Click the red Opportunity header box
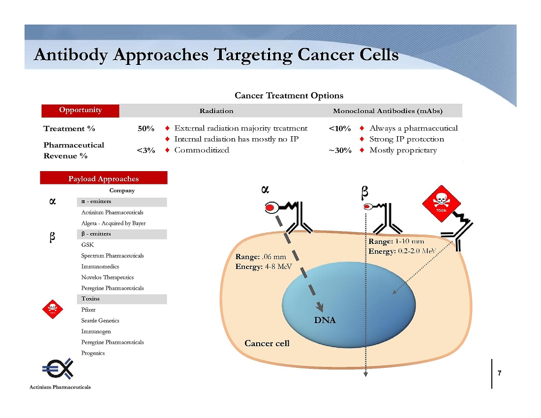click(80, 111)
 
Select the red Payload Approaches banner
click(103, 178)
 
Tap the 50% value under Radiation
click(146, 129)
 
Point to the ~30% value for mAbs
click(340, 150)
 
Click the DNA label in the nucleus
click(325, 321)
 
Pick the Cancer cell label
click(267, 343)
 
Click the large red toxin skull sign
click(441, 204)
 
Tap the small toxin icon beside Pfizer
click(53, 309)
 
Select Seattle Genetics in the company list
click(100, 321)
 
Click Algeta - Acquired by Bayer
click(113, 223)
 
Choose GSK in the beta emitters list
click(87, 244)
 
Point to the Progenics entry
click(93, 353)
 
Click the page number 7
click(499, 373)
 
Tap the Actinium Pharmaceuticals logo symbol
click(58, 368)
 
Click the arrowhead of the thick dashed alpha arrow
click(320, 306)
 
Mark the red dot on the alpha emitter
click(270, 208)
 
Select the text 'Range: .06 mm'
click(261, 257)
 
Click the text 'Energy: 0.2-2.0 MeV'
click(402, 251)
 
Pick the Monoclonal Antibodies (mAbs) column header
click(388, 111)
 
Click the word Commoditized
click(202, 150)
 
